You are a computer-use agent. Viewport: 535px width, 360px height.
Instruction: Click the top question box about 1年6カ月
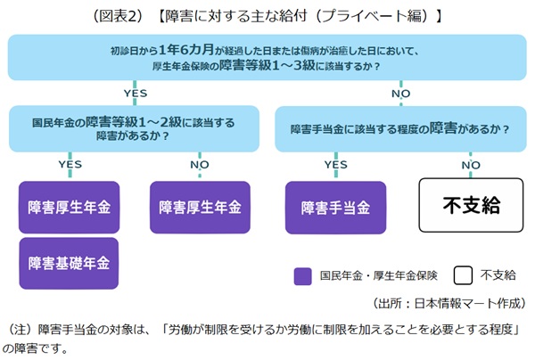point(267,58)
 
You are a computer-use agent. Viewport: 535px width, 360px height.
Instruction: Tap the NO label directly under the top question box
point(401,92)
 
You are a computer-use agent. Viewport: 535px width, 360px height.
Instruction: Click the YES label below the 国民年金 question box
point(70,164)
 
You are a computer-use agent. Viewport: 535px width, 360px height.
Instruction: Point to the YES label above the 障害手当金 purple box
point(334,164)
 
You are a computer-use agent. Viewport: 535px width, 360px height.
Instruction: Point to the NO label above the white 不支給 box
point(471,164)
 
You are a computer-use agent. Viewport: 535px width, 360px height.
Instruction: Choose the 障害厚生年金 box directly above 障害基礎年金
point(69,208)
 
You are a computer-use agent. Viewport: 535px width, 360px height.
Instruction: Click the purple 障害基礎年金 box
point(69,263)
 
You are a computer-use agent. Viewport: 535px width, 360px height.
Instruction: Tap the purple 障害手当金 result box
point(335,208)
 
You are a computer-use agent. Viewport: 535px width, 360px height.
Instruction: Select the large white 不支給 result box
point(472,207)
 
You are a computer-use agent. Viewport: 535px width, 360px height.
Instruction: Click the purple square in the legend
point(301,275)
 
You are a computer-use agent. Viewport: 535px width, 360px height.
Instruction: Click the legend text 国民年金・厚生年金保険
point(374,275)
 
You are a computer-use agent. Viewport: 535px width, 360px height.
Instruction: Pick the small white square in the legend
point(461,275)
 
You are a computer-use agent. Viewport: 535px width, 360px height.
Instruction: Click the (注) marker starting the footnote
point(21,329)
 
